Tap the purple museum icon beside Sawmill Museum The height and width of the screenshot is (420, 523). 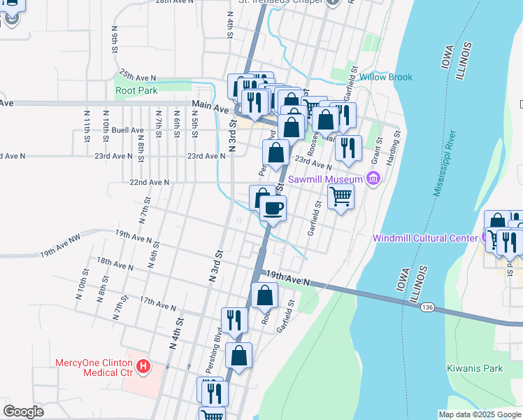pyautogui.click(x=373, y=180)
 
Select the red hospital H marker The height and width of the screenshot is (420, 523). pyautogui.click(x=143, y=366)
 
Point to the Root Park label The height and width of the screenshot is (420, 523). pyautogui.click(x=136, y=90)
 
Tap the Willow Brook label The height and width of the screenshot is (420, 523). pyautogui.click(x=386, y=77)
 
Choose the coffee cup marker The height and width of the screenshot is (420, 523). pyautogui.click(x=273, y=208)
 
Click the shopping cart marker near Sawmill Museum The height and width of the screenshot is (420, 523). pyautogui.click(x=341, y=195)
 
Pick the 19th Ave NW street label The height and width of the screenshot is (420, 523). pyautogui.click(x=61, y=252)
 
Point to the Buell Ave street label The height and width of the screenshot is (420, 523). pyautogui.click(x=127, y=130)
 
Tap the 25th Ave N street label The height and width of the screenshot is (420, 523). pyautogui.click(x=137, y=73)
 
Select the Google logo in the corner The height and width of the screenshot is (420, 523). pyautogui.click(x=24, y=412)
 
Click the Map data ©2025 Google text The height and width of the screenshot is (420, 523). pyautogui.click(x=479, y=414)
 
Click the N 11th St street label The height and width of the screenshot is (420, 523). pyautogui.click(x=87, y=127)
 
